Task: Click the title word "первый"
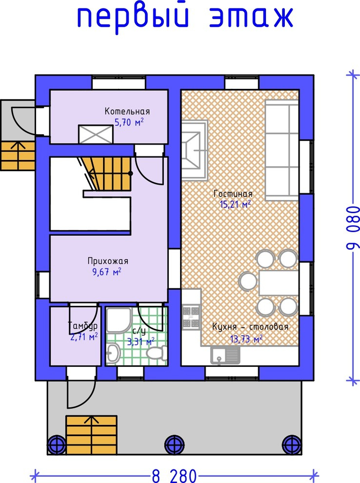133,18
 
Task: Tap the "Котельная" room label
127,111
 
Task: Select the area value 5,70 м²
129,122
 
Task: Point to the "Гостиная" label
233,194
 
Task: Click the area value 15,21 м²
235,204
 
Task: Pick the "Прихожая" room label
108,261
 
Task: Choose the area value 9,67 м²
106,272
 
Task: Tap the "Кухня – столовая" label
250,327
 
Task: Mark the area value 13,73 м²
246,339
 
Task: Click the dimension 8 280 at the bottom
174,475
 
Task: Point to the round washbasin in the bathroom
113,352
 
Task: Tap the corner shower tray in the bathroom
119,320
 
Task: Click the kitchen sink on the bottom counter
225,355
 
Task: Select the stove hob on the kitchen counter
191,316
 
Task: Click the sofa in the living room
282,150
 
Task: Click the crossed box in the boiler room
96,134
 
